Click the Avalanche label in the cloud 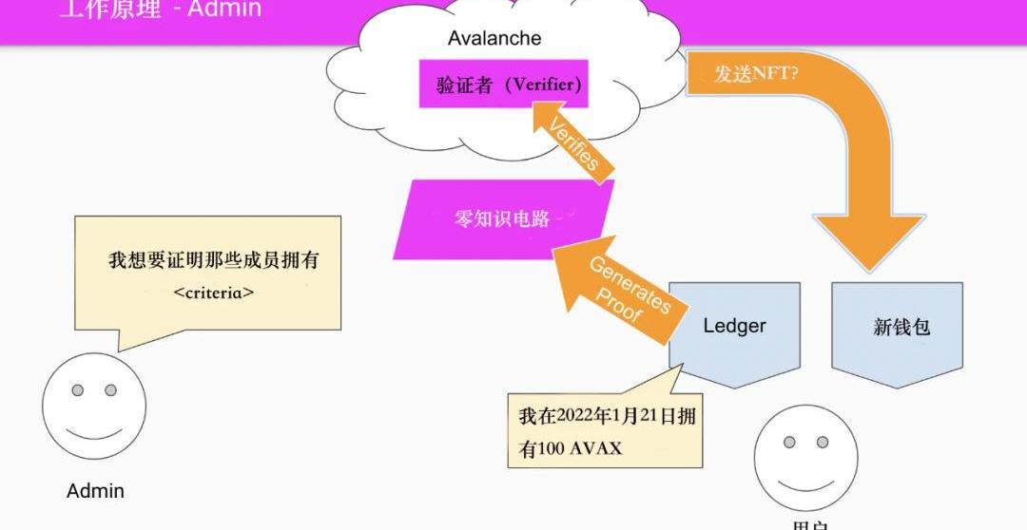point(494,39)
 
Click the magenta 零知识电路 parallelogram point(503,218)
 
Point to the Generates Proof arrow point(616,289)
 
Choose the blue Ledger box point(734,328)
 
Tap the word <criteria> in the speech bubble point(214,293)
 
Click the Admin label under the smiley point(95,491)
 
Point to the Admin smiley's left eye point(78,390)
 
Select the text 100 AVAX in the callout point(579,448)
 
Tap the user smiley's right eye point(823,442)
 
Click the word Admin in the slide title point(225,10)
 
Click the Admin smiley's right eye point(110,390)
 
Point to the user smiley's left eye point(789,442)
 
